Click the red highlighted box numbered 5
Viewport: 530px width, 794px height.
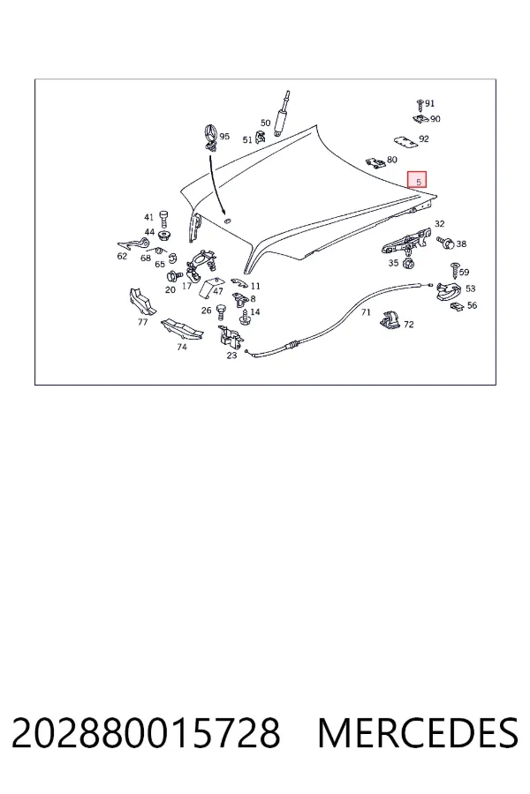point(417,179)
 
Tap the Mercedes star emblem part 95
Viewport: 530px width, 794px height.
point(211,138)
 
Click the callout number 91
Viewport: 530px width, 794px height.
point(429,103)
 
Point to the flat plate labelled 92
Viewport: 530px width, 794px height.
point(406,142)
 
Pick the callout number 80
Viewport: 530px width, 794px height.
point(391,160)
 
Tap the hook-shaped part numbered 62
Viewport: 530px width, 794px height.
point(132,245)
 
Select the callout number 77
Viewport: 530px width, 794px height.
point(142,322)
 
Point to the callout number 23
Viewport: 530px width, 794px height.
point(231,356)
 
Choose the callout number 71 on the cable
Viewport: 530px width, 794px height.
point(366,312)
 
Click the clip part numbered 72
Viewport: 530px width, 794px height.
point(390,320)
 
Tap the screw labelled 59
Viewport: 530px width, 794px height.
point(454,271)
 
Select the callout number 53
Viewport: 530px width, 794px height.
point(471,288)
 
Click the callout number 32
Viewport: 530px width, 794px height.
point(439,224)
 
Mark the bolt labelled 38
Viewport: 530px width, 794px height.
point(445,243)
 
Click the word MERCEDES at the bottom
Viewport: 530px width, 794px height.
point(418,733)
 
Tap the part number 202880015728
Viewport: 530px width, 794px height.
point(146,733)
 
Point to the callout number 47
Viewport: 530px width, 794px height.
point(217,292)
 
